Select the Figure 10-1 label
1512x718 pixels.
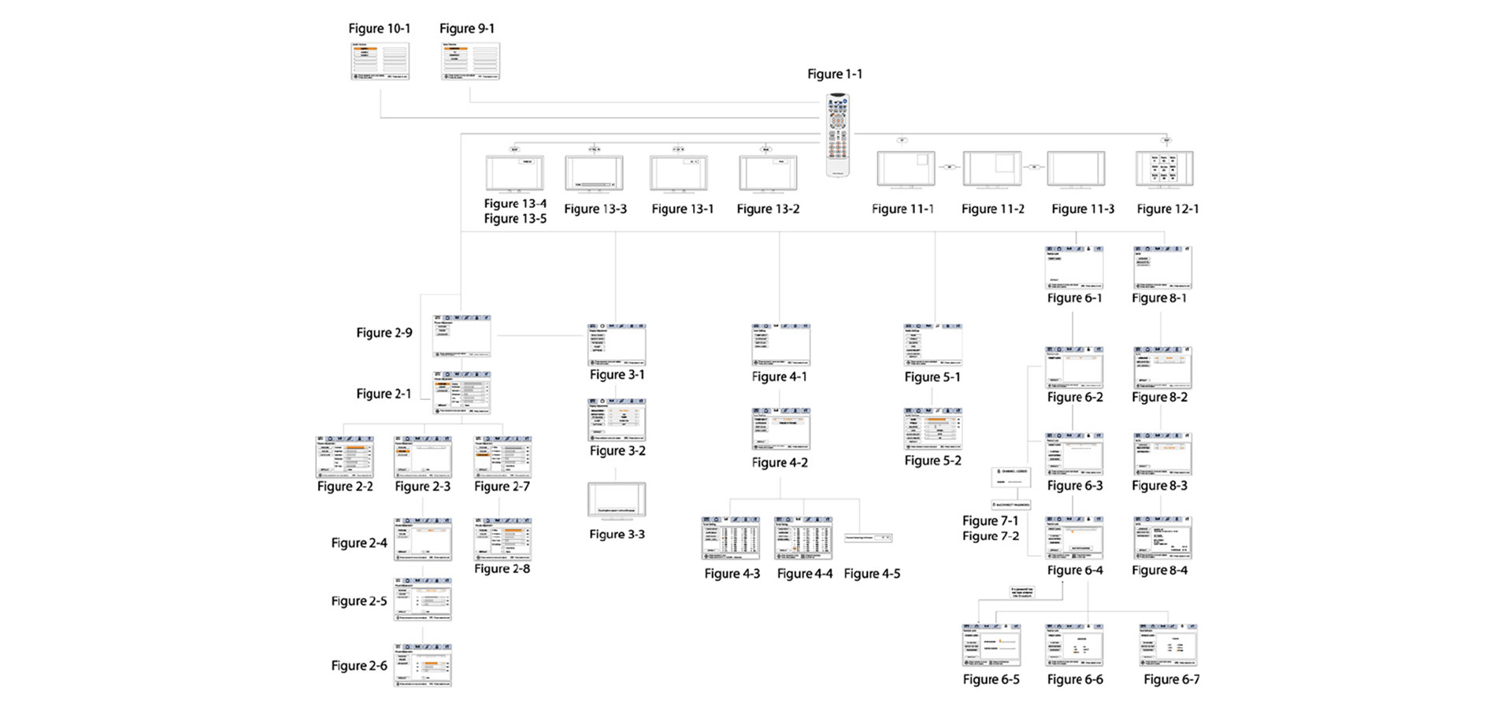(380, 28)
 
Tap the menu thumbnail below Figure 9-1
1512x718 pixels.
(470, 61)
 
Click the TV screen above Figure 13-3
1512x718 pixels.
(595, 172)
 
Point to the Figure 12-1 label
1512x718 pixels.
(1168, 209)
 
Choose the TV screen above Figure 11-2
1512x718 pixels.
(992, 170)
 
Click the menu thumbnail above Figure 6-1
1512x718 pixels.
(1074, 268)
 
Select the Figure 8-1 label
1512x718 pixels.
(1159, 298)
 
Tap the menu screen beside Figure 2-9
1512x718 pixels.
(461, 336)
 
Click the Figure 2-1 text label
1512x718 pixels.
(384, 394)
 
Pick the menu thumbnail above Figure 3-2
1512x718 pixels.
(617, 420)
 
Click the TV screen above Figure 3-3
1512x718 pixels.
(617, 501)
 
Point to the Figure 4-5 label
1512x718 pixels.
(872, 574)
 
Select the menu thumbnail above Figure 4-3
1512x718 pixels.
(731, 538)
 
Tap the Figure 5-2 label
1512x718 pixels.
(932, 461)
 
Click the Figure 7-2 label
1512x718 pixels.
(991, 536)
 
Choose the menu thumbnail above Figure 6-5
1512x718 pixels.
(991, 646)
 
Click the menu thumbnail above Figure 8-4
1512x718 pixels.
(1162, 538)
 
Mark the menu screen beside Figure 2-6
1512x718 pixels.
(423, 665)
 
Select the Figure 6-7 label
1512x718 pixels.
(1172, 679)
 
